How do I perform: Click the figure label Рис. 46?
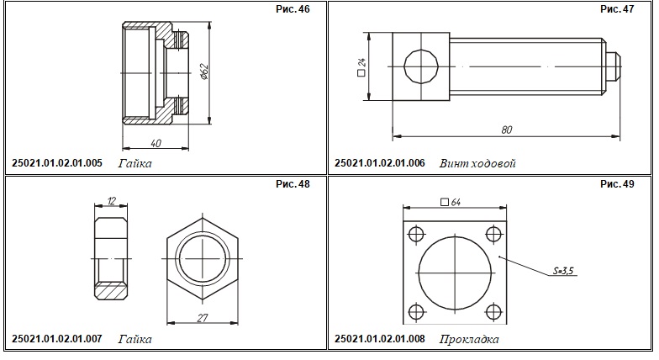[x=293, y=9]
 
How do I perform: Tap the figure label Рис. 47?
[x=617, y=9]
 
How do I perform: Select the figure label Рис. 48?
[x=293, y=183]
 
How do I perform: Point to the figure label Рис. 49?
[x=617, y=183]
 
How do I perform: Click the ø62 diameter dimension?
[x=203, y=72]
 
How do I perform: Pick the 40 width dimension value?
[x=156, y=143]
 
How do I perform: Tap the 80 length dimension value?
[x=506, y=130]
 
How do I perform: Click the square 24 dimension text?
[x=361, y=67]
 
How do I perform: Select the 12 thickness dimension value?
[x=111, y=200]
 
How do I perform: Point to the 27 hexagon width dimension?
[x=203, y=318]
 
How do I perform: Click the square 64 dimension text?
[x=451, y=202]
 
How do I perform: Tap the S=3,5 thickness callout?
[x=563, y=271]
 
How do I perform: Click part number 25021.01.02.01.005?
[x=57, y=163]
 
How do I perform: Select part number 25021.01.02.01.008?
[x=380, y=338]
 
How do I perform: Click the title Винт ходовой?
[x=477, y=163]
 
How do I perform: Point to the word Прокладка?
[x=469, y=339]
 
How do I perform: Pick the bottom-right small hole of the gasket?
[x=493, y=312]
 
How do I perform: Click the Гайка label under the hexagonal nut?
[x=134, y=339]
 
